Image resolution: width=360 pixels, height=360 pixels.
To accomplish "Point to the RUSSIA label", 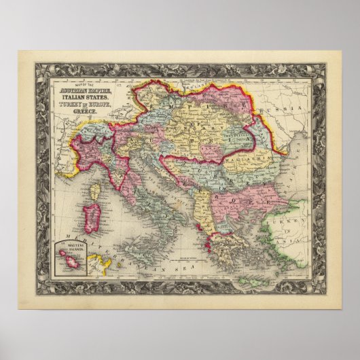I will tap(278, 109).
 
